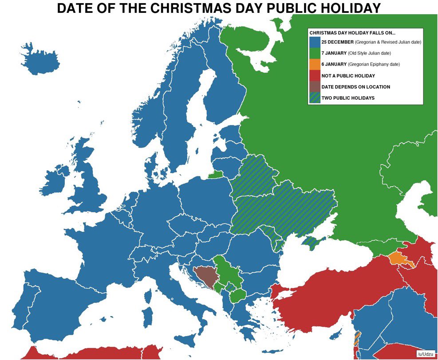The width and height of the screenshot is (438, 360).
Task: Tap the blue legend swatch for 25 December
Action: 315,42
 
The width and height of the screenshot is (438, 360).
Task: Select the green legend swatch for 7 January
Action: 315,53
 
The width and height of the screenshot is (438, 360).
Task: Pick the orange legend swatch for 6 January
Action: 315,64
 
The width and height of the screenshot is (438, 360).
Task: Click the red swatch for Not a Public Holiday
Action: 315,76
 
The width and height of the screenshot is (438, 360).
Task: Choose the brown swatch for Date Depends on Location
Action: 315,87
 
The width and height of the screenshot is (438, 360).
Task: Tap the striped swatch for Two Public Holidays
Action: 315,98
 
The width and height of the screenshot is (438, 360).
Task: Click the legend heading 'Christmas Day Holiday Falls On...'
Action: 352,33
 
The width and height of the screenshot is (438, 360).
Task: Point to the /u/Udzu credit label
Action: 425,354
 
